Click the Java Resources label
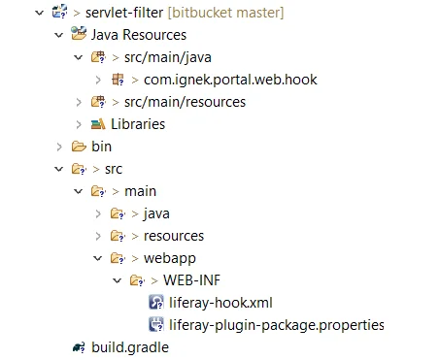139,35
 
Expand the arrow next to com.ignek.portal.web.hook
99,80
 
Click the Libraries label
137,124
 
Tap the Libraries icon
97,124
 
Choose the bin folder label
102,147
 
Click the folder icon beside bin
78,147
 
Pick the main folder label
140,191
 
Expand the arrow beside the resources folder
99,236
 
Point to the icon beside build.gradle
78,347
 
